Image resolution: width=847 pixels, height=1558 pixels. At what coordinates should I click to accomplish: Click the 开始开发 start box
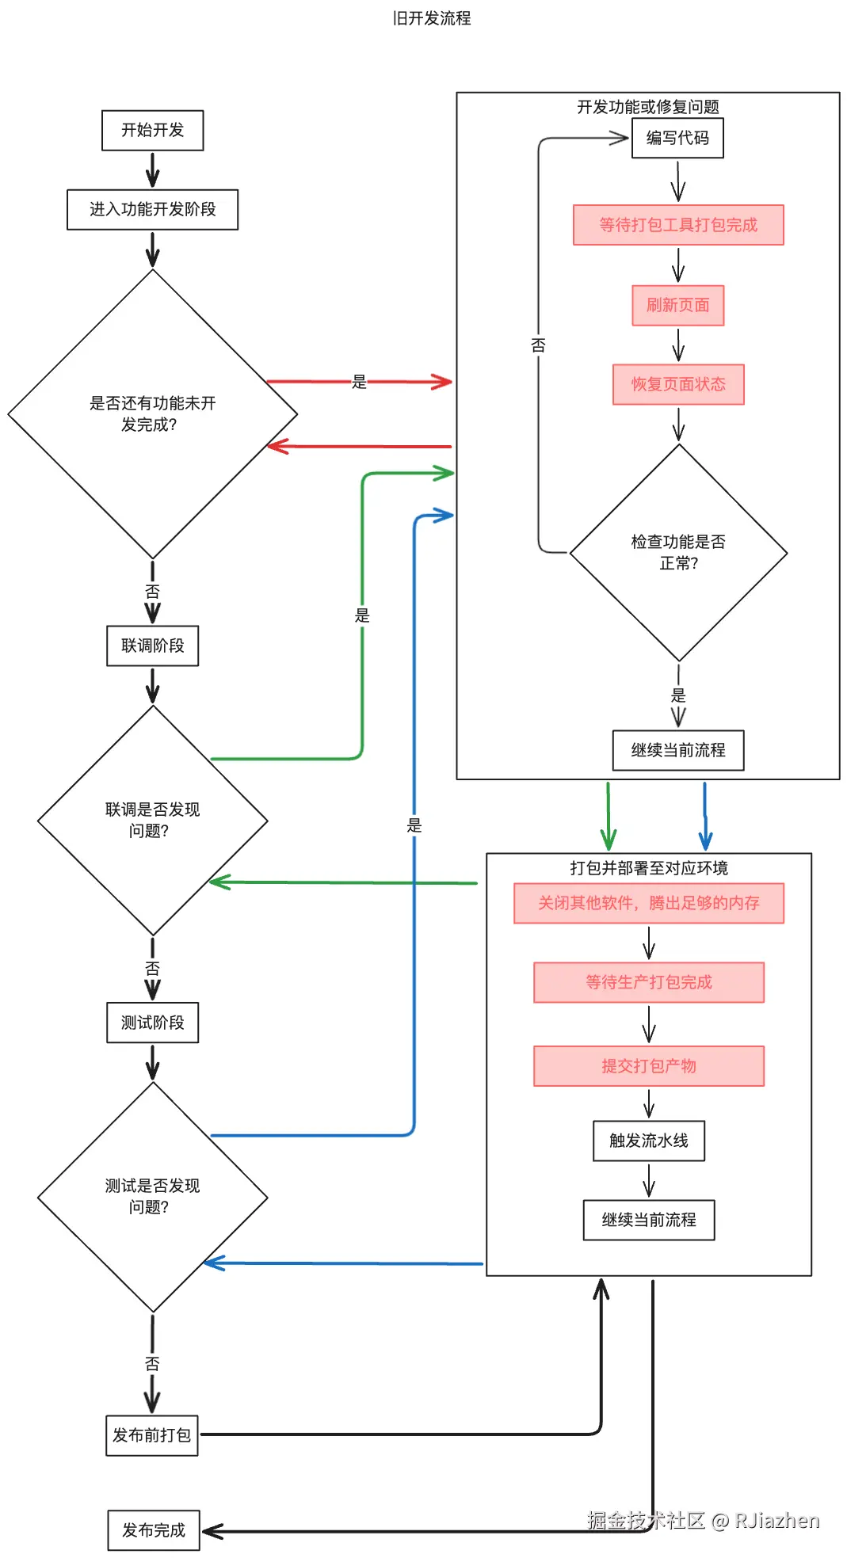click(x=152, y=130)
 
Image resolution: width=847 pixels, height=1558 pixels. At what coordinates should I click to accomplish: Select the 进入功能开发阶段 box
click(x=152, y=209)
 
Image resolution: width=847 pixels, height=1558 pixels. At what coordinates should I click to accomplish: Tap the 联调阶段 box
click(x=152, y=646)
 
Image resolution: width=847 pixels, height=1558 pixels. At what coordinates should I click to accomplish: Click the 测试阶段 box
click(x=152, y=1023)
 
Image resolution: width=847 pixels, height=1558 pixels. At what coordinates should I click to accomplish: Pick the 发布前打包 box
click(x=152, y=1435)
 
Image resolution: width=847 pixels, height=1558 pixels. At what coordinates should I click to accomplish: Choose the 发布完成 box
click(x=154, y=1530)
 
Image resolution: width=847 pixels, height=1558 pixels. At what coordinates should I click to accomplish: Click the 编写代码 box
click(x=677, y=138)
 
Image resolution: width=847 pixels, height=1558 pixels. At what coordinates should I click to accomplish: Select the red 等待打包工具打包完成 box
click(x=678, y=225)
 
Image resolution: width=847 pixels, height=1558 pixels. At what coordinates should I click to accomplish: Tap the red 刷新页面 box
click(x=677, y=305)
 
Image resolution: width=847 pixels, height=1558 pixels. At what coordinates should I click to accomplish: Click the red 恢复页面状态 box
click(x=678, y=384)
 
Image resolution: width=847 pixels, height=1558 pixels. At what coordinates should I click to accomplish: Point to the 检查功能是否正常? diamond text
click(x=678, y=552)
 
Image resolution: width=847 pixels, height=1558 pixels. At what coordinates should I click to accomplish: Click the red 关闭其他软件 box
click(x=648, y=903)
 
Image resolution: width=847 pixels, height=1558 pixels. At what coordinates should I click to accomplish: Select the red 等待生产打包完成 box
click(x=648, y=982)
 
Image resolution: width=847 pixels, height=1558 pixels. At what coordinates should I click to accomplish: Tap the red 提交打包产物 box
click(x=648, y=1066)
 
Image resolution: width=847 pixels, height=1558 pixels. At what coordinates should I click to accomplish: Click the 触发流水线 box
click(x=648, y=1141)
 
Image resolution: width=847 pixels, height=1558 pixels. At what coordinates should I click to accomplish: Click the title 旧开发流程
click(x=432, y=18)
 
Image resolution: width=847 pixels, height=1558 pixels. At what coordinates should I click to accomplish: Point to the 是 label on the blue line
click(x=414, y=825)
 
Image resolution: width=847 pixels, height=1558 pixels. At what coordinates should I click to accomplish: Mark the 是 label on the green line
click(x=362, y=615)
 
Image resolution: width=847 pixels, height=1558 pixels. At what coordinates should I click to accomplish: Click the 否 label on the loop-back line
click(x=539, y=345)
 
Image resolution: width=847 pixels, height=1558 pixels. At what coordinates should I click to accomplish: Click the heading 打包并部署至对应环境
click(x=648, y=868)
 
